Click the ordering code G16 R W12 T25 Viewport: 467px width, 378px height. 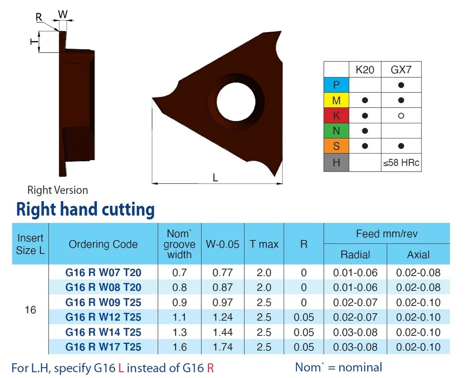coord(103,317)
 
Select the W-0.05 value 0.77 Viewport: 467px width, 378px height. coord(223,273)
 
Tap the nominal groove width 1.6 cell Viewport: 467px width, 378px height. coord(180,347)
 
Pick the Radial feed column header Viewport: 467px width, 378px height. coord(355,255)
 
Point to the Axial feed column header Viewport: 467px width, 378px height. coord(418,255)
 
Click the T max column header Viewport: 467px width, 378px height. coord(264,244)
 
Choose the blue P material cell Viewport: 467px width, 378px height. coord(336,85)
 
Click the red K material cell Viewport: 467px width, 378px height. coord(336,115)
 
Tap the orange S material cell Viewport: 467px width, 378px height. coord(336,146)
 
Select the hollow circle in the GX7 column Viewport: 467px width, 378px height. coord(401,115)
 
